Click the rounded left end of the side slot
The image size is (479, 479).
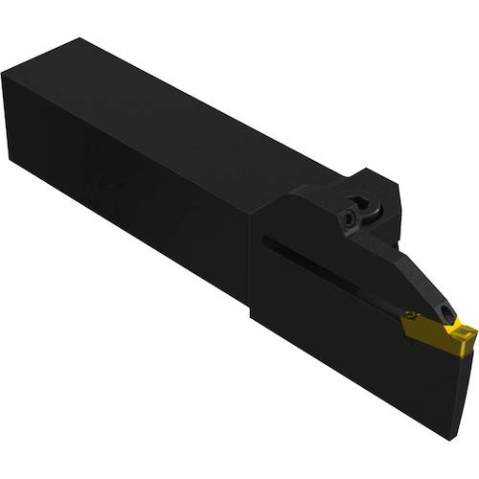[x=265, y=239]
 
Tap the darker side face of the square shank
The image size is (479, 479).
[x=125, y=192]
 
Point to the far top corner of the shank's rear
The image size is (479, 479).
[x=81, y=38]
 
